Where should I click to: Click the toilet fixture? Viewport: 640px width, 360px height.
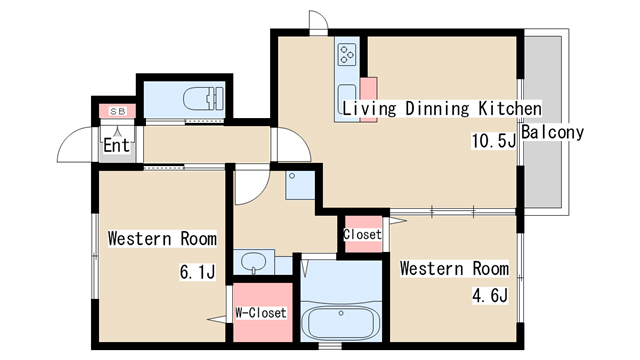tap(204, 99)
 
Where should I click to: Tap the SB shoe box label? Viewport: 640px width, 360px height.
tap(118, 111)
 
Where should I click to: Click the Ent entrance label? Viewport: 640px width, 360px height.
tap(116, 145)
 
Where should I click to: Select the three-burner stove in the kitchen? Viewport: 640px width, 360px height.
tap(347, 55)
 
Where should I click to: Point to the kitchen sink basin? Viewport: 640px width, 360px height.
tap(347, 98)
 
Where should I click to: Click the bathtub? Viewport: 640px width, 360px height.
tap(341, 320)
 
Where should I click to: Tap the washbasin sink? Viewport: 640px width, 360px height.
tap(253, 262)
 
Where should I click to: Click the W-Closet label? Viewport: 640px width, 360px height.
tap(261, 313)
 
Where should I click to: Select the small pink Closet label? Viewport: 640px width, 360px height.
tap(362, 234)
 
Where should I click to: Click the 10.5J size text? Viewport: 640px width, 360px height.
tap(494, 141)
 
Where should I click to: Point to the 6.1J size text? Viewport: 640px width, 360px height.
tap(198, 272)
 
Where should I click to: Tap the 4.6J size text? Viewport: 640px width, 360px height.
tap(490, 295)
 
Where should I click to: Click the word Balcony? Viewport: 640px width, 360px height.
tap(553, 132)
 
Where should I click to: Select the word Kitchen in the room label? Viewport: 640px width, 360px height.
tap(510, 108)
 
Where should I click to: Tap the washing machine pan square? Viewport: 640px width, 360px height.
tap(300, 185)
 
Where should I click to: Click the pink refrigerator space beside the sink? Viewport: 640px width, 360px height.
tap(368, 100)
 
